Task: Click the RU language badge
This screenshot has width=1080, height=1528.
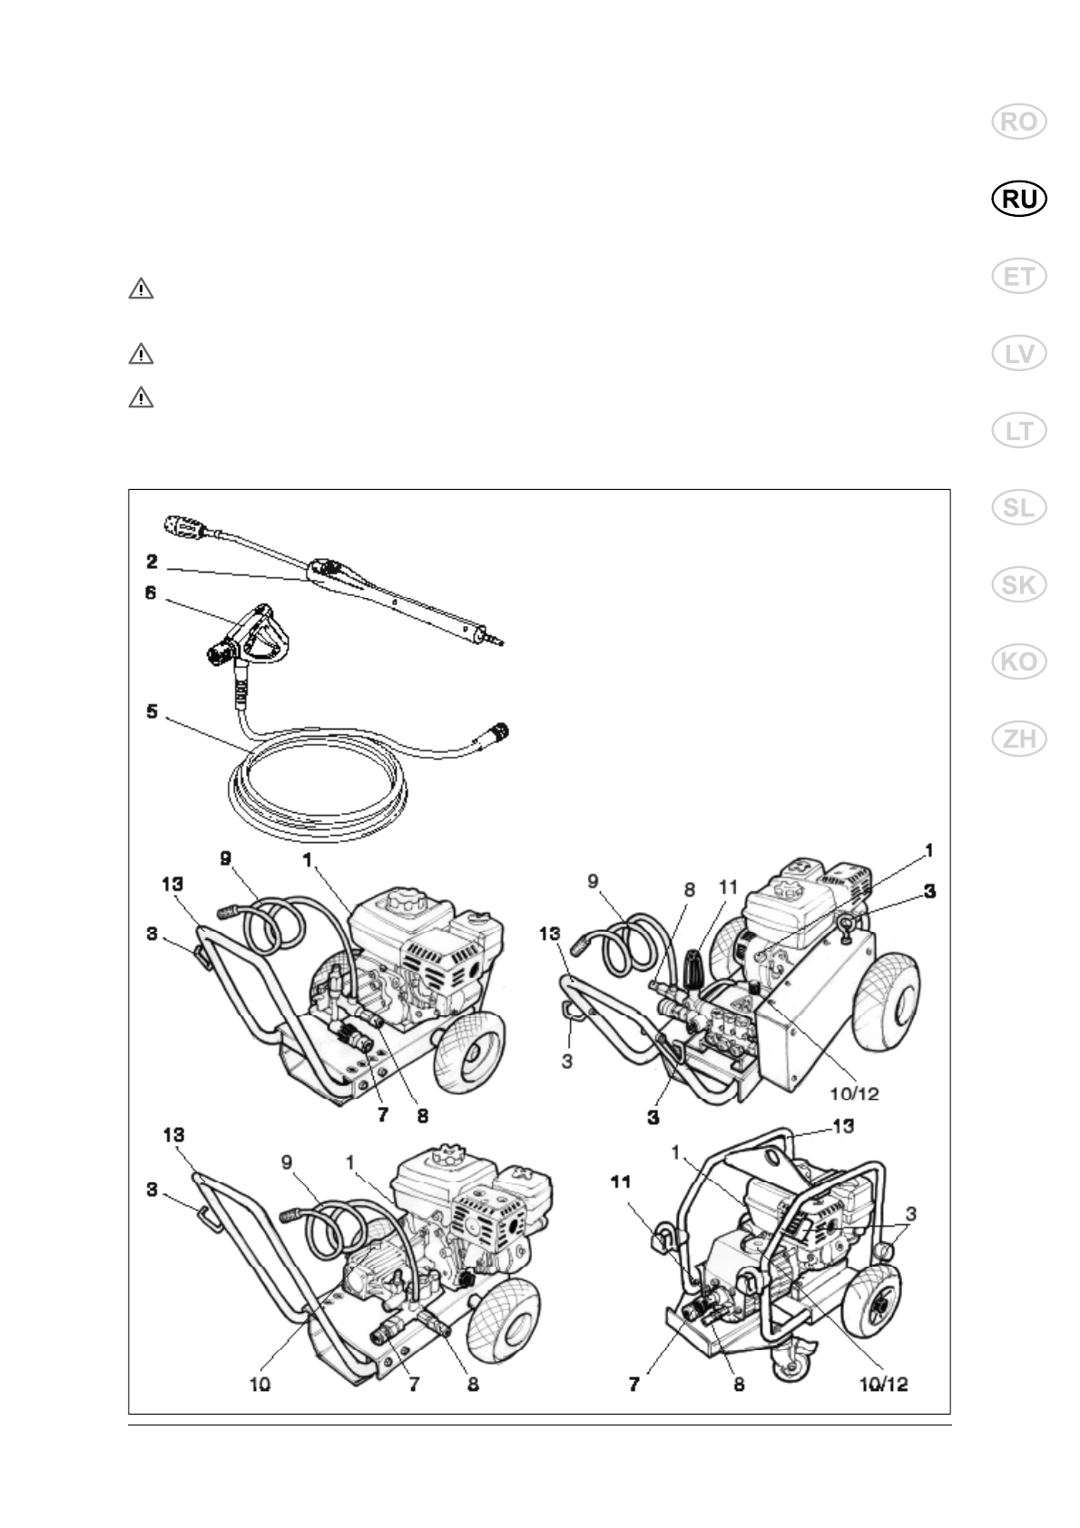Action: point(1019,200)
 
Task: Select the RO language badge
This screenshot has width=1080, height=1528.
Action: point(1019,122)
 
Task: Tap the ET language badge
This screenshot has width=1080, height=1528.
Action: point(1019,277)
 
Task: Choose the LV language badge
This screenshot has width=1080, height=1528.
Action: point(1019,354)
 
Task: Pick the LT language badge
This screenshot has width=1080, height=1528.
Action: point(1019,431)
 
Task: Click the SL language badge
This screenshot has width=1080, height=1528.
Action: point(1019,508)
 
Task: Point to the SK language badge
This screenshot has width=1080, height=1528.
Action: point(1019,585)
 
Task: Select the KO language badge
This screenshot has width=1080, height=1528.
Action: point(1019,662)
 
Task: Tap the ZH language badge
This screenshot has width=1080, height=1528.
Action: point(1019,740)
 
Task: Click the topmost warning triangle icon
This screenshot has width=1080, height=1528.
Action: point(141,289)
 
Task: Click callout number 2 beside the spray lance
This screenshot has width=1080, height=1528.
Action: point(153,563)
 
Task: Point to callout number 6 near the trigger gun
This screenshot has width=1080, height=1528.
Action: point(151,593)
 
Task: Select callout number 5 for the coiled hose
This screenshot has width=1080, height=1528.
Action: point(152,712)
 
